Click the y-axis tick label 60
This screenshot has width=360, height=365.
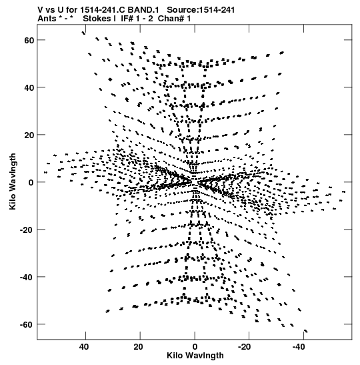tap(29, 40)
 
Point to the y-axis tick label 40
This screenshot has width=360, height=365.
tap(29, 88)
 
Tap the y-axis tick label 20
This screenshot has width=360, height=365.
tap(29, 135)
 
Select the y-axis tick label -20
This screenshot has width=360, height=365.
tap(27, 230)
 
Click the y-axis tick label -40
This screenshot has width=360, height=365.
tap(27, 277)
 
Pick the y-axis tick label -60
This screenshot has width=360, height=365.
tap(27, 324)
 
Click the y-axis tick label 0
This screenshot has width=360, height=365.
tap(31, 183)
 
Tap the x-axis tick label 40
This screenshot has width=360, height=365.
tap(84, 347)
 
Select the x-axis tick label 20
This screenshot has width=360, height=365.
tap(139, 347)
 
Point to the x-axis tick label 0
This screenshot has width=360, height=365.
tap(195, 347)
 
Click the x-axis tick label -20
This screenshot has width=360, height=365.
tap(245, 347)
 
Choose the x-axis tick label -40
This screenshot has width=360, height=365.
tap(299, 347)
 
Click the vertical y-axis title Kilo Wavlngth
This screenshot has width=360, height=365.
tap(13, 181)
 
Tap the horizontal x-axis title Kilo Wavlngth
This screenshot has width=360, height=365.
tap(195, 356)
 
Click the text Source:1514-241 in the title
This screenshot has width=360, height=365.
tap(201, 10)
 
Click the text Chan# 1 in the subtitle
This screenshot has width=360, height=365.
tap(174, 19)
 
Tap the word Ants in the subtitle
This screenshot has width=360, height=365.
tap(47, 19)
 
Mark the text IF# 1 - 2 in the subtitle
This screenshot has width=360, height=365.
tap(137, 19)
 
